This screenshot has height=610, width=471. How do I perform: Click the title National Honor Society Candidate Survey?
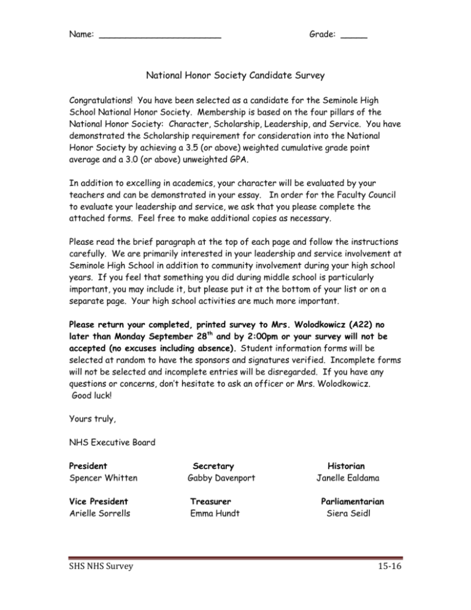(235, 77)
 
